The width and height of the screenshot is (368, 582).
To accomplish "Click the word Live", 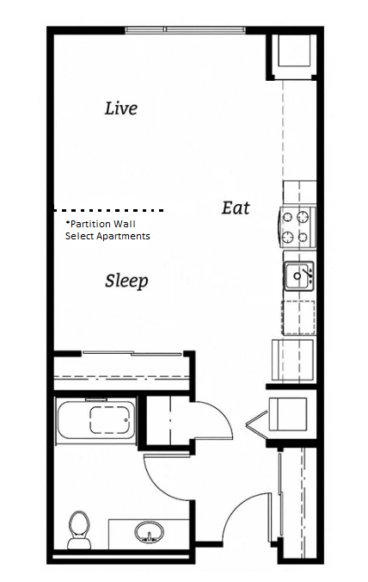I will [120, 108].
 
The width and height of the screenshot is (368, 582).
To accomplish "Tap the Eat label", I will [236, 207].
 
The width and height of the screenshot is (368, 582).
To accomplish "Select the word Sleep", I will [126, 281].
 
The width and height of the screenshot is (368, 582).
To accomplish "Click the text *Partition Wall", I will [101, 224].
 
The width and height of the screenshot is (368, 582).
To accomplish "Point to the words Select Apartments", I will [107, 236].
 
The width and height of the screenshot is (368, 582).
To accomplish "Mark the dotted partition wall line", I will [108, 210].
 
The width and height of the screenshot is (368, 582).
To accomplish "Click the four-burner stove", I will [297, 226].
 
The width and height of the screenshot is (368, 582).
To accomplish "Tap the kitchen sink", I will [298, 276].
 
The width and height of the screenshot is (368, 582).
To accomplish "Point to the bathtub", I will [95, 423].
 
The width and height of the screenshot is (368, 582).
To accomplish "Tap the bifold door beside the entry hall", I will [254, 422].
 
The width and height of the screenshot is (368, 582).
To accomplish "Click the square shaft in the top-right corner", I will [292, 53].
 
